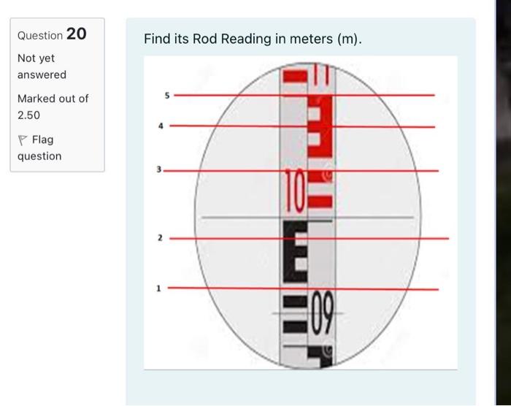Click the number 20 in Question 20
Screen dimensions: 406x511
point(76,34)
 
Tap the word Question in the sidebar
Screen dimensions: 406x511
point(39,35)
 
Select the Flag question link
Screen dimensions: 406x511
point(39,148)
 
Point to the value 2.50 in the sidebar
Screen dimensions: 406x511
point(29,115)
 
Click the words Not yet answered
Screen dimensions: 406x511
point(42,66)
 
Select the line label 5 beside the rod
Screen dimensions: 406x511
point(166,94)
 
